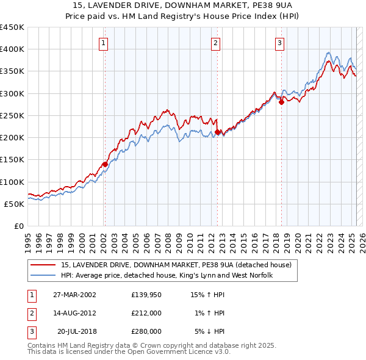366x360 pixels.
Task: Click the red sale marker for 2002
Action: tap(105, 164)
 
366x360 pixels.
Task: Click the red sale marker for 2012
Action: tap(217, 132)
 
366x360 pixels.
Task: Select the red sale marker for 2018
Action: tap(281, 103)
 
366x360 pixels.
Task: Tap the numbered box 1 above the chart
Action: tap(104, 43)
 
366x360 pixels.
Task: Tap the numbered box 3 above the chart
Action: tap(279, 43)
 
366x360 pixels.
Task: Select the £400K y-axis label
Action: tap(12, 49)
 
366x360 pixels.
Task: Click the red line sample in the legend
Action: tap(43, 265)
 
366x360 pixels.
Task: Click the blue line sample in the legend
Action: tap(43, 276)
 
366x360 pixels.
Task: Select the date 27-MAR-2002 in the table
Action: tap(74, 295)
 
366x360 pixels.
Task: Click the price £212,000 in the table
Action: tap(146, 313)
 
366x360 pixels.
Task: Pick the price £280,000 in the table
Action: tap(146, 331)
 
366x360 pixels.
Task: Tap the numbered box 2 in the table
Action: tap(30, 313)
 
